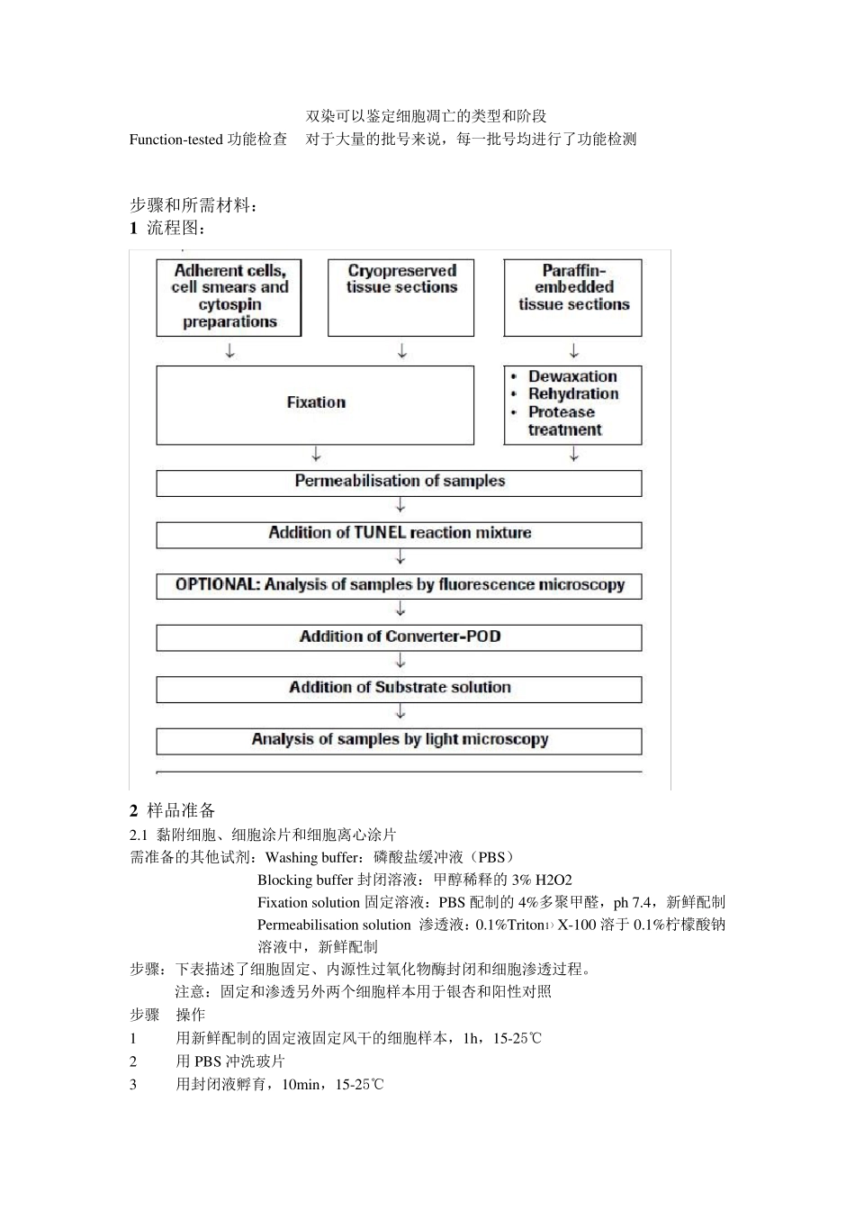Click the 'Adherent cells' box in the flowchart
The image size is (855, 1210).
pyautogui.click(x=229, y=296)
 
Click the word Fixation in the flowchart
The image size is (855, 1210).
pyautogui.click(x=316, y=402)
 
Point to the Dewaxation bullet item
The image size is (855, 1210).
pyautogui.click(x=572, y=376)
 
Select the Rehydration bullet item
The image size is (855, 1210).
pyautogui.click(x=573, y=394)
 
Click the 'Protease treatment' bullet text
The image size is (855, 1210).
pyautogui.click(x=562, y=420)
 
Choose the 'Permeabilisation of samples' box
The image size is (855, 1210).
pyautogui.click(x=400, y=482)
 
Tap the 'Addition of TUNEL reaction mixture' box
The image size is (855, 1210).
pyautogui.click(x=400, y=533)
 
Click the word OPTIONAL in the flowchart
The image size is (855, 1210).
pyautogui.click(x=217, y=585)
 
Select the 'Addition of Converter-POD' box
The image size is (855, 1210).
pyautogui.click(x=400, y=637)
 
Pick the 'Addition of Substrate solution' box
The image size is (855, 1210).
pyautogui.click(x=400, y=688)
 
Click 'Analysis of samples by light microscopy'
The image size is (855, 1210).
pyautogui.click(x=400, y=740)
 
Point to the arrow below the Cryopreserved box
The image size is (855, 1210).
pyautogui.click(x=402, y=351)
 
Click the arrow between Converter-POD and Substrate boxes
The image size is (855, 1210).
pyautogui.click(x=400, y=662)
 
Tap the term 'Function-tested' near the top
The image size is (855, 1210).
pyautogui.click(x=175, y=140)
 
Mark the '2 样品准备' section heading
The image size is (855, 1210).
pyautogui.click(x=173, y=810)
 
